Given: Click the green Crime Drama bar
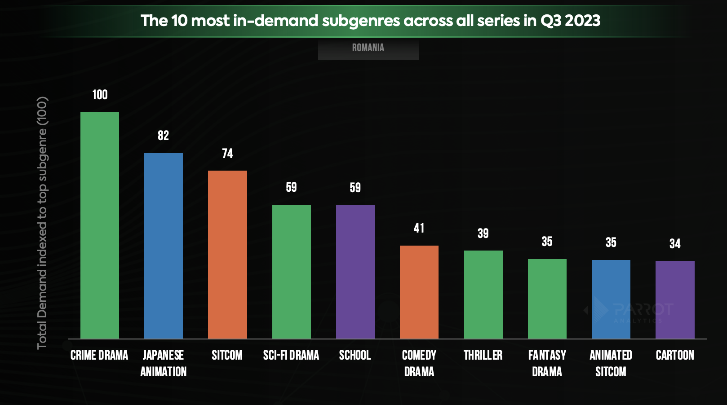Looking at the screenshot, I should pyautogui.click(x=100, y=225).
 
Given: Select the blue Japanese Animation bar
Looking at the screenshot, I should pyautogui.click(x=164, y=246).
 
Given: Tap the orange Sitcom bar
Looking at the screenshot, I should pyautogui.click(x=227, y=254).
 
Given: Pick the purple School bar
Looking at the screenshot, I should pyautogui.click(x=355, y=271).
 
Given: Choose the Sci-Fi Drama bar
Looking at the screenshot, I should pyautogui.click(x=291, y=271).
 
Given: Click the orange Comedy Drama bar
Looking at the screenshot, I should pyautogui.click(x=419, y=292).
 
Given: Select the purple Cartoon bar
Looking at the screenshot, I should pyautogui.click(x=675, y=299).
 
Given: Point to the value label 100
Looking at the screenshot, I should pyautogui.click(x=100, y=95).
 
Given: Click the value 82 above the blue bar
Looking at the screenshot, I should pyautogui.click(x=164, y=136).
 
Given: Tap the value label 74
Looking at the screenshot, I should pyautogui.click(x=227, y=154).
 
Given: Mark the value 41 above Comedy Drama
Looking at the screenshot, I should pyautogui.click(x=419, y=228).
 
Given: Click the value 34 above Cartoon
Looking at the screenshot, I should pyautogui.click(x=675, y=244).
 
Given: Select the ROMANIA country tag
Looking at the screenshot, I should pyautogui.click(x=368, y=48).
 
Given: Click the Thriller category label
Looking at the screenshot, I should pyautogui.click(x=483, y=355).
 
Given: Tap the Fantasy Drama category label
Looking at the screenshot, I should pyautogui.click(x=547, y=363).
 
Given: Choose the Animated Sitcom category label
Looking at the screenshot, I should pyautogui.click(x=611, y=363).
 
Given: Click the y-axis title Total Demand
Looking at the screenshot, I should pyautogui.click(x=42, y=223).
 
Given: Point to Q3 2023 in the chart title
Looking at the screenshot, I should pyautogui.click(x=570, y=21).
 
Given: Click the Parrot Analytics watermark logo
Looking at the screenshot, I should pyautogui.click(x=629, y=310).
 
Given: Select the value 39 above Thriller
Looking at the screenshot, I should pyautogui.click(x=483, y=233).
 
